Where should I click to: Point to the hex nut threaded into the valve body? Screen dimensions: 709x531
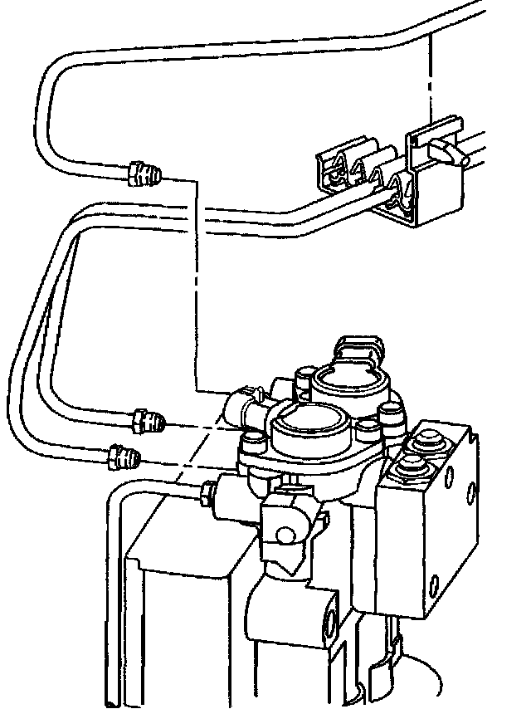click(207, 496)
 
